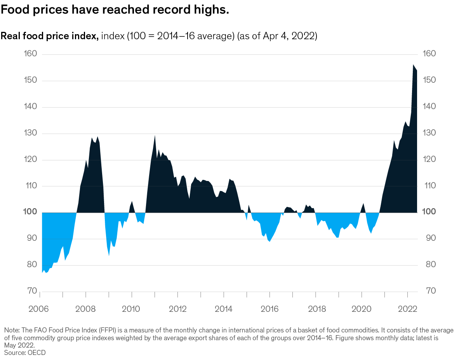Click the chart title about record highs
click(x=115, y=10)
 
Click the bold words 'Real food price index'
click(x=49, y=36)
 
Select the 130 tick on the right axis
click(x=428, y=133)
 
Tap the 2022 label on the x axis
click(x=407, y=310)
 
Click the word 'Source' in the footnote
click(x=14, y=353)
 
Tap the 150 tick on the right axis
click(x=428, y=80)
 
